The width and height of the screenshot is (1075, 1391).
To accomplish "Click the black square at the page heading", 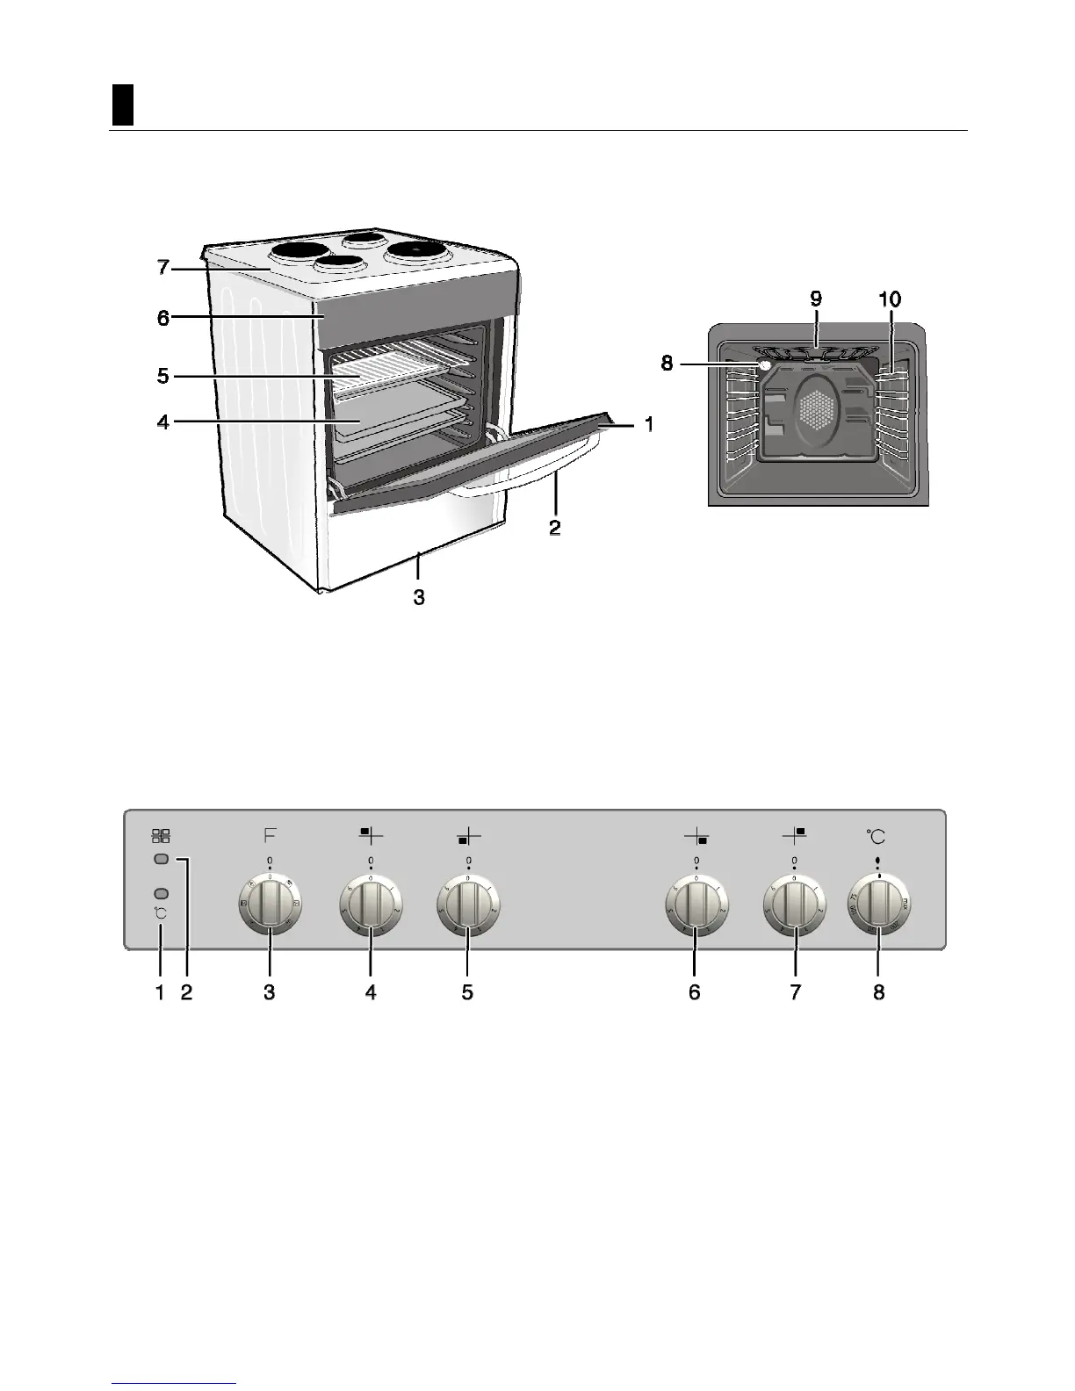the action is pyautogui.click(x=123, y=105).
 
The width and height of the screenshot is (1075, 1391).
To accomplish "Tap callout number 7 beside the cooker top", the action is pyautogui.click(x=163, y=267).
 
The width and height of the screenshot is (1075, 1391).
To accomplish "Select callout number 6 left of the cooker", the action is pyautogui.click(x=163, y=318).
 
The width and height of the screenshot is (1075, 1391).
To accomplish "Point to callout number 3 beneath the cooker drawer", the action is pyautogui.click(x=420, y=597).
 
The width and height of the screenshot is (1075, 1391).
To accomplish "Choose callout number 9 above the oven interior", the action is pyautogui.click(x=816, y=299).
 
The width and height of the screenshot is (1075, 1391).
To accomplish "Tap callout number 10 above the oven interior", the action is pyautogui.click(x=889, y=299).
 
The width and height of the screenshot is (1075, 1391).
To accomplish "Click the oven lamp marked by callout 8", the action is pyautogui.click(x=764, y=364).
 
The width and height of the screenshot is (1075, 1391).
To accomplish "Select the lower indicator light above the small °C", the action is pyautogui.click(x=161, y=892).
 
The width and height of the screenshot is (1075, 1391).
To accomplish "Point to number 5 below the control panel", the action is pyautogui.click(x=468, y=992).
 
